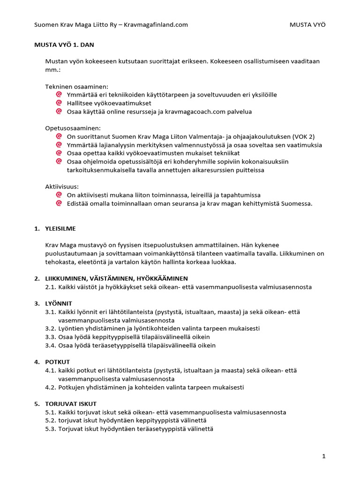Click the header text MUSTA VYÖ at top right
click(307, 25)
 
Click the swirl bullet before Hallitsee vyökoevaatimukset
click(59, 103)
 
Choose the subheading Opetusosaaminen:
click(73, 128)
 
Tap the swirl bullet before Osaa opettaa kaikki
click(59, 153)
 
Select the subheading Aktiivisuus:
click(62, 186)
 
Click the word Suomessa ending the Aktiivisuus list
click(296, 203)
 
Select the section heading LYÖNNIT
click(59, 303)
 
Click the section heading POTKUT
click(58, 362)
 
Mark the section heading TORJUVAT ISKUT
click(71, 404)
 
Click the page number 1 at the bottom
click(323, 456)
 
